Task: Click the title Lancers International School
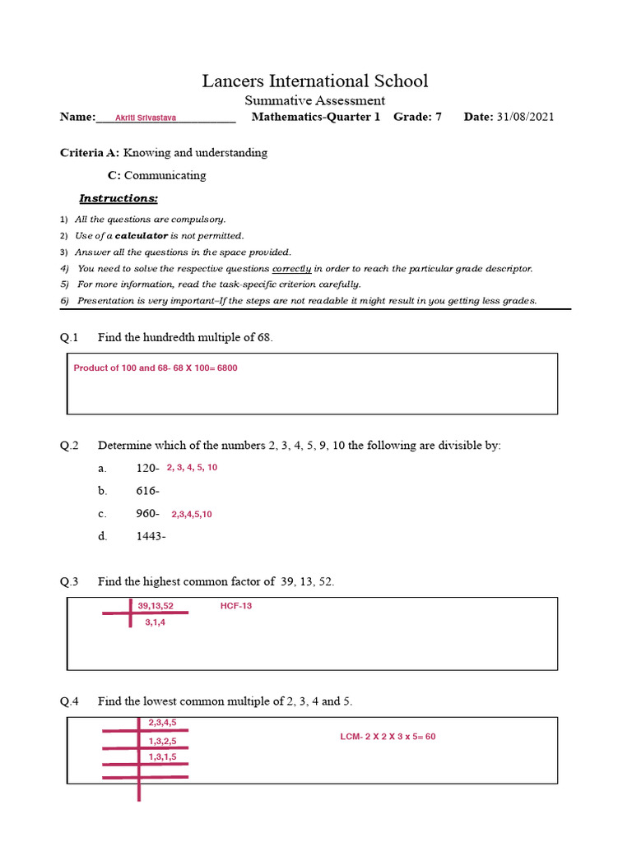tap(315, 81)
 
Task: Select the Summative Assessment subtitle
tap(315, 100)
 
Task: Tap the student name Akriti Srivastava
tap(146, 118)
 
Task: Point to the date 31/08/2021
tap(525, 117)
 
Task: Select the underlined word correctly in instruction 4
tap(291, 268)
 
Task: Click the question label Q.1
tap(69, 337)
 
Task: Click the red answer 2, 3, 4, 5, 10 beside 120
tap(192, 467)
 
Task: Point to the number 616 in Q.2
tap(147, 491)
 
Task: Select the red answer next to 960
tap(192, 515)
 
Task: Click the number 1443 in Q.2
tap(151, 537)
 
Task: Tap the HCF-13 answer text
tap(235, 606)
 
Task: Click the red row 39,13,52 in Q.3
tap(156, 606)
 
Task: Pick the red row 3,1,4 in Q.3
tap(156, 622)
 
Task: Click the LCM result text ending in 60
tap(388, 737)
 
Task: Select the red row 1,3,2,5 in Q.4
tap(162, 741)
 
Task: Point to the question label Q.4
tap(69, 701)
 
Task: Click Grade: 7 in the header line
tap(417, 117)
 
